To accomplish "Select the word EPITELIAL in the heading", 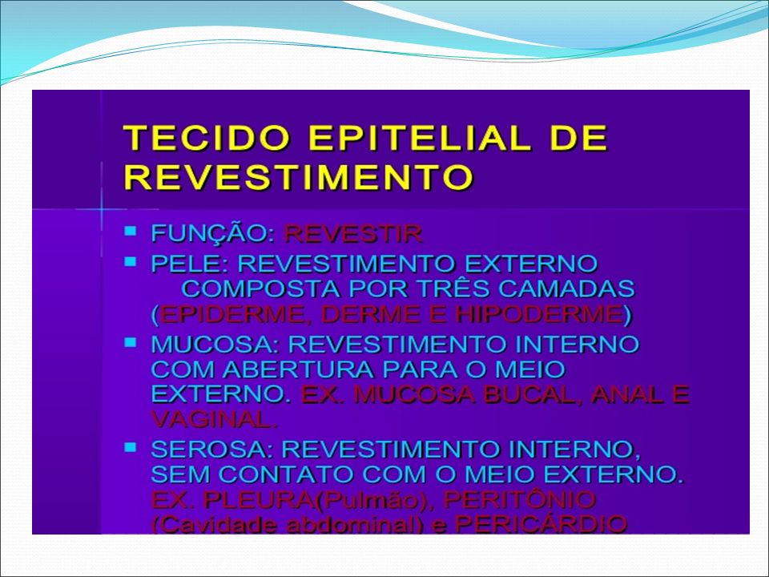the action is (420, 138).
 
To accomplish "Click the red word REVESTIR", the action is (352, 233).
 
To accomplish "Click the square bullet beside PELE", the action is (131, 261).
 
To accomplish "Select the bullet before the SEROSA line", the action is (131, 447).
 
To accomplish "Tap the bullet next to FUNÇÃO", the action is (131, 231).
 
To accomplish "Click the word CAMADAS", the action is (566, 288).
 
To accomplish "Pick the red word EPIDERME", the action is (238, 314).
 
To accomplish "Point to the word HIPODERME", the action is (539, 314).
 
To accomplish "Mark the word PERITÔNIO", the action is (520, 500).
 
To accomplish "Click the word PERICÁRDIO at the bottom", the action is (541, 524).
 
